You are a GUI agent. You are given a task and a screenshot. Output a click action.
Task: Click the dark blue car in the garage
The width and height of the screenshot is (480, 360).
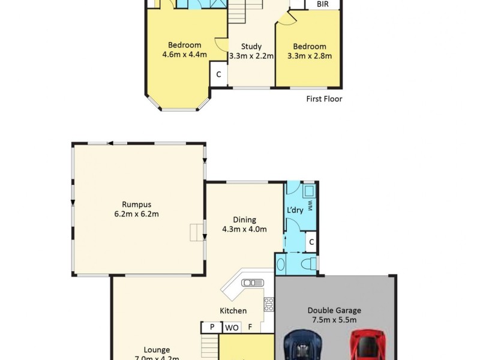point(304,346)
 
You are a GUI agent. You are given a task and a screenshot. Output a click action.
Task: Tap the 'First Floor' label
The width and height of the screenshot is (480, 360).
point(324,99)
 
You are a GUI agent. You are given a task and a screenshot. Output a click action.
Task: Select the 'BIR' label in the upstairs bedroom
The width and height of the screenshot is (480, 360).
point(322,4)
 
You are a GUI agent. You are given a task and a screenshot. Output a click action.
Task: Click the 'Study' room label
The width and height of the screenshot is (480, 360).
point(251,46)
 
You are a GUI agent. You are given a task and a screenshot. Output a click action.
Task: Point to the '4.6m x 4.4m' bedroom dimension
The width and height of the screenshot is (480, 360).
point(184,55)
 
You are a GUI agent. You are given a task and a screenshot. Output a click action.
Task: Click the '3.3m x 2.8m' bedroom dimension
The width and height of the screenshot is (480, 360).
point(310,56)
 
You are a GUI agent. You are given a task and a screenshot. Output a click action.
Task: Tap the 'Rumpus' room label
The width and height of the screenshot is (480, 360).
point(136,203)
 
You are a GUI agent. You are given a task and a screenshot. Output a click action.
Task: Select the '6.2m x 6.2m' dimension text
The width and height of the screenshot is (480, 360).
point(136,214)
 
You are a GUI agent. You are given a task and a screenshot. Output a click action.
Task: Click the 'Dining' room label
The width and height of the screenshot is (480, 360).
point(244,220)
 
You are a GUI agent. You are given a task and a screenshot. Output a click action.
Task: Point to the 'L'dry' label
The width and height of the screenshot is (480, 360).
point(295,210)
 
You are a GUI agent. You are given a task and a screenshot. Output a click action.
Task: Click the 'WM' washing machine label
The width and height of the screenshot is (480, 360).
point(310,205)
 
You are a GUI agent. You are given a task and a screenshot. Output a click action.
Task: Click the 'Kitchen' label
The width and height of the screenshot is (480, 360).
point(233,311)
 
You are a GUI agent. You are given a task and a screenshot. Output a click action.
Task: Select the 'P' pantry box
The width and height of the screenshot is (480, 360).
point(212,328)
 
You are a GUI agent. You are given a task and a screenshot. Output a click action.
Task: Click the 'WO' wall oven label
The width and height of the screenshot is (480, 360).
point(232,328)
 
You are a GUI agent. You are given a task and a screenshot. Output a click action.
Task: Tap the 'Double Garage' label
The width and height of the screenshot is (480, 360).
point(334,310)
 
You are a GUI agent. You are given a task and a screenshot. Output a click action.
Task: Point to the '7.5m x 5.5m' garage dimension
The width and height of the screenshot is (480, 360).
point(334,320)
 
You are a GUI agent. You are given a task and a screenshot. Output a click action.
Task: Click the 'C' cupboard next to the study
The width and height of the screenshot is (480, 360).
point(218,74)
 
